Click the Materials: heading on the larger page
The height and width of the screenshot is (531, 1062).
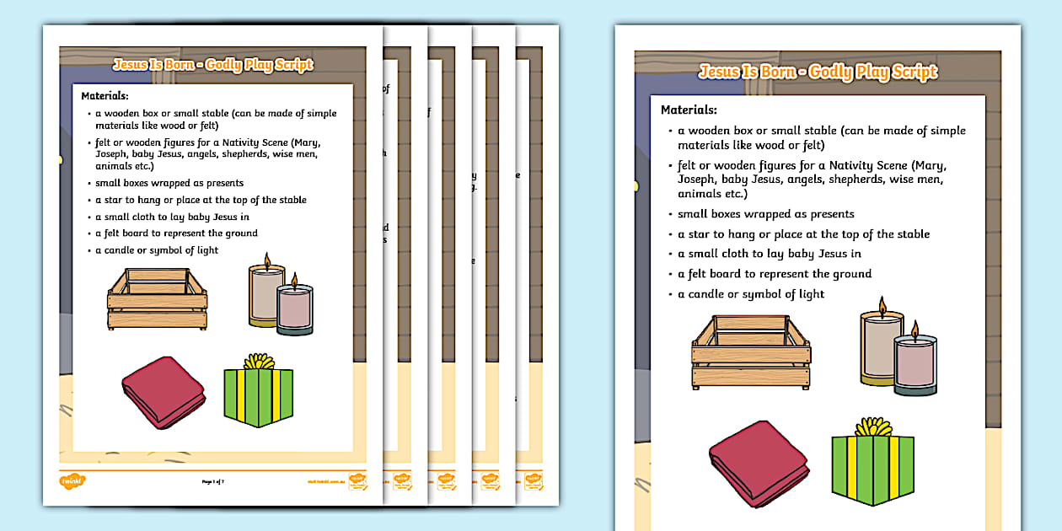689,110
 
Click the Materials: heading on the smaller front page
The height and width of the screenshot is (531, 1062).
105,96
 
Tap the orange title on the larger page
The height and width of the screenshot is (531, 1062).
818,72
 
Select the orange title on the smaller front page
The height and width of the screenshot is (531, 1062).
212,65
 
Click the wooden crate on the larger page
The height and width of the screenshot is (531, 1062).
751,352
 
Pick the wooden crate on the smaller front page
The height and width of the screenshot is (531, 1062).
158,298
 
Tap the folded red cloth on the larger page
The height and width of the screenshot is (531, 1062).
759,459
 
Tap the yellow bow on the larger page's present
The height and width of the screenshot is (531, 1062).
872,426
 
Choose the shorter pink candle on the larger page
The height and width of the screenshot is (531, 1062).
915,365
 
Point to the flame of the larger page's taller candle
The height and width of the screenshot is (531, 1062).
882,304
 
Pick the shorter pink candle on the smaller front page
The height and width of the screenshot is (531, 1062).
294,309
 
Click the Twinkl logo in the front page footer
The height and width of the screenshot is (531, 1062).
72,481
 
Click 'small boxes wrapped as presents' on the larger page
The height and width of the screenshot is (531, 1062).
766,214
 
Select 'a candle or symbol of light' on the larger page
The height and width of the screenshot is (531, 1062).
751,294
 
